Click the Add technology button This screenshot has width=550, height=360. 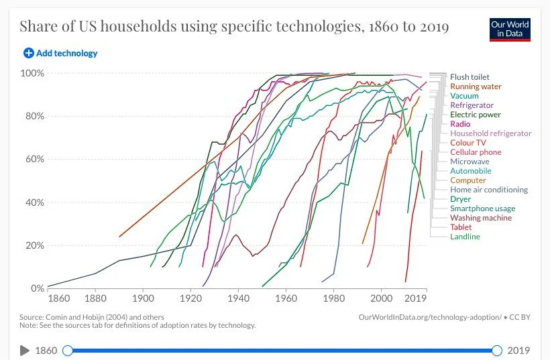point(60,53)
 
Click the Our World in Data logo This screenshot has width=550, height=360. point(510,29)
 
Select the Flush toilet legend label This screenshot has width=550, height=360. point(470,77)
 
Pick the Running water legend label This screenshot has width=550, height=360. point(476,86)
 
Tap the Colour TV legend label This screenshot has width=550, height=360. point(468,143)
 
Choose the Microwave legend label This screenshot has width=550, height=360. point(470,162)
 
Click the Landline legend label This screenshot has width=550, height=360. point(465,237)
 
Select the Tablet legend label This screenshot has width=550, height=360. point(461,227)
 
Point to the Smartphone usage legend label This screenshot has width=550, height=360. point(483,208)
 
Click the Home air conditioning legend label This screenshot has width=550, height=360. point(489,190)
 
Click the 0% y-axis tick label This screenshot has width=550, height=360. point(38,289)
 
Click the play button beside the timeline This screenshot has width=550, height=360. point(25,350)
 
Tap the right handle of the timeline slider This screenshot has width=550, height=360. point(497,350)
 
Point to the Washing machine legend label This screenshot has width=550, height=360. point(481,218)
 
